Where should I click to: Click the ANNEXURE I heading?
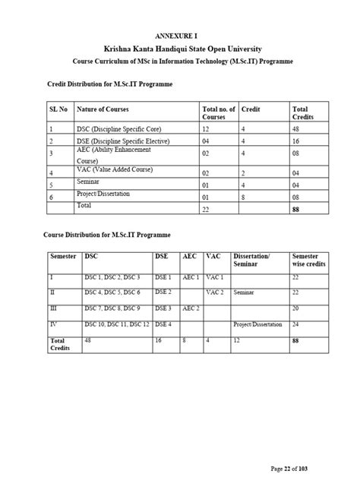point(179,36)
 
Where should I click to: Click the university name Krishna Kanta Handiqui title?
point(180,48)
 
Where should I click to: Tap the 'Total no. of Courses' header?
point(219,114)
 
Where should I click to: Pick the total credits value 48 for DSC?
point(297,130)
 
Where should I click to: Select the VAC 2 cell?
point(215,292)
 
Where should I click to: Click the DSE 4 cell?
point(164,324)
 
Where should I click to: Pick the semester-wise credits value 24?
point(296,324)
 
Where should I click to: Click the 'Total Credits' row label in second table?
point(60,343)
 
